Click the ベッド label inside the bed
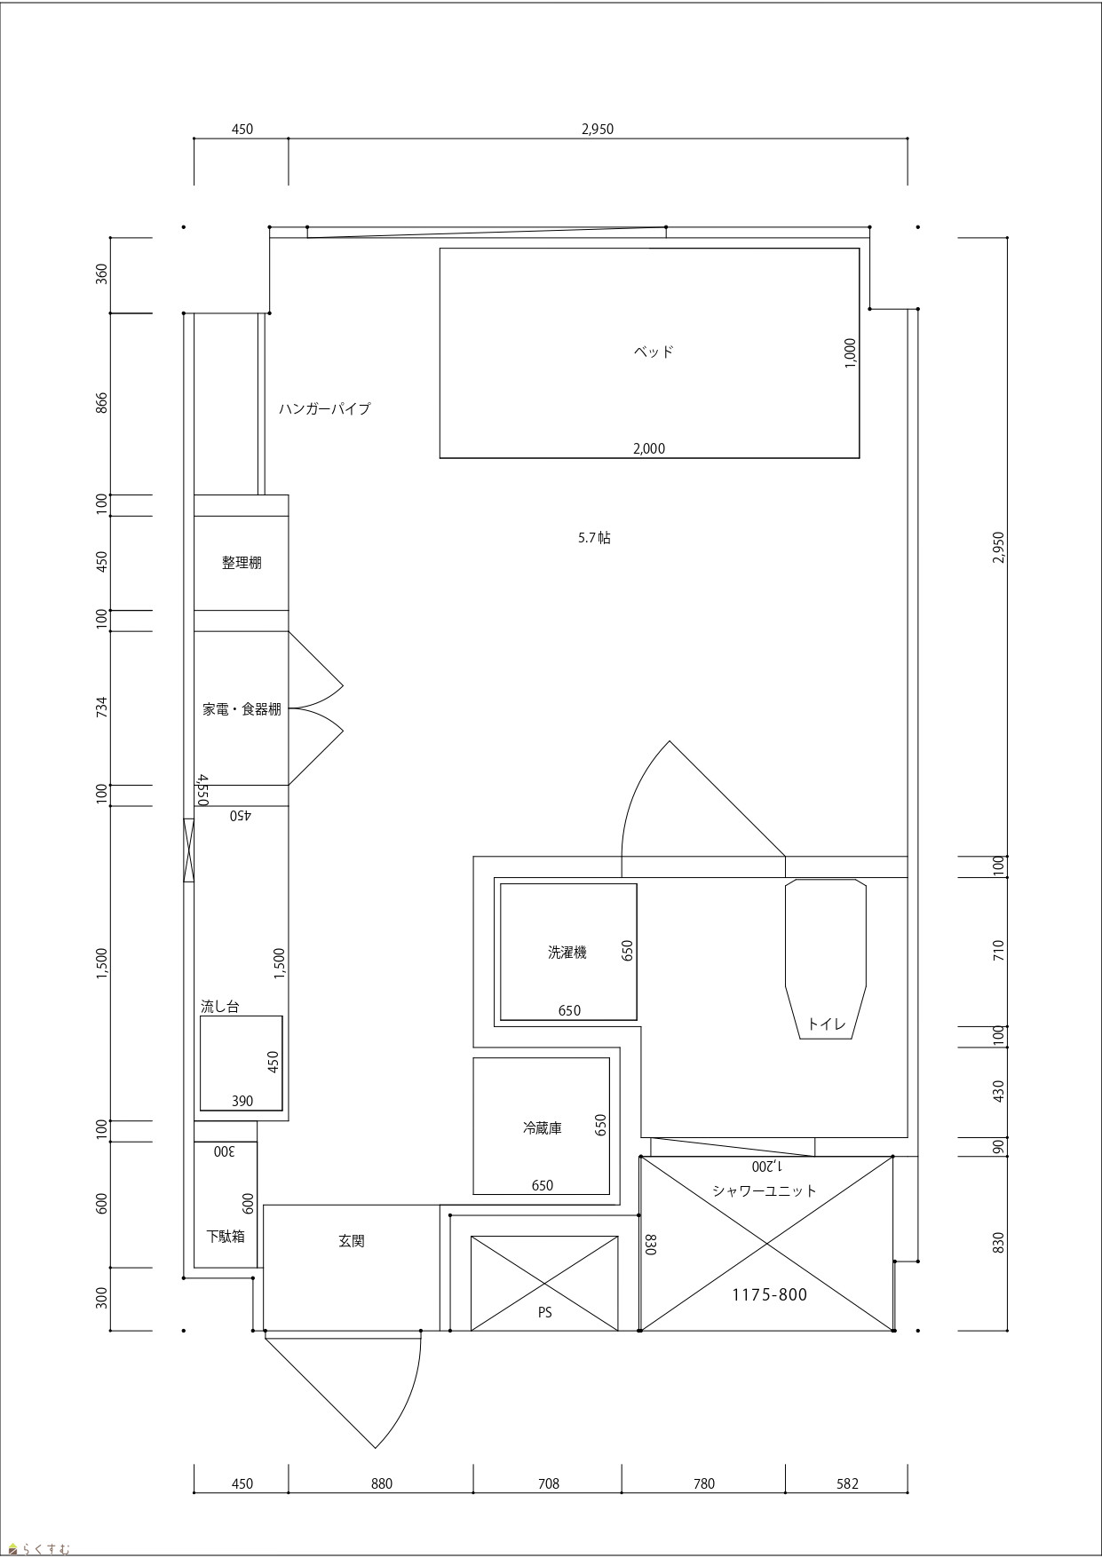coord(654,352)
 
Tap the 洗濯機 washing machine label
coord(567,953)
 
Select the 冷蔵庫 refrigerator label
coord(542,1128)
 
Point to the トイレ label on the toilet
coord(827,1024)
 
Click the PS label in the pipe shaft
coord(544,1312)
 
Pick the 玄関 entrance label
coord(352,1241)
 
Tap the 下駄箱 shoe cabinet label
coord(226,1236)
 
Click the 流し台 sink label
coord(219,1007)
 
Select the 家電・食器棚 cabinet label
coord(242,709)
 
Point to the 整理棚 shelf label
coord(242,563)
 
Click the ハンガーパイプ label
coord(324,409)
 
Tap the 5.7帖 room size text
coord(594,537)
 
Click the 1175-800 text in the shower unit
coord(770,1295)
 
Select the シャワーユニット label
coord(765,1190)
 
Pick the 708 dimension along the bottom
coord(549,1483)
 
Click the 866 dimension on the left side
coord(101,403)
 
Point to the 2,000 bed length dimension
coord(649,448)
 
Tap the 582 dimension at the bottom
coord(847,1483)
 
